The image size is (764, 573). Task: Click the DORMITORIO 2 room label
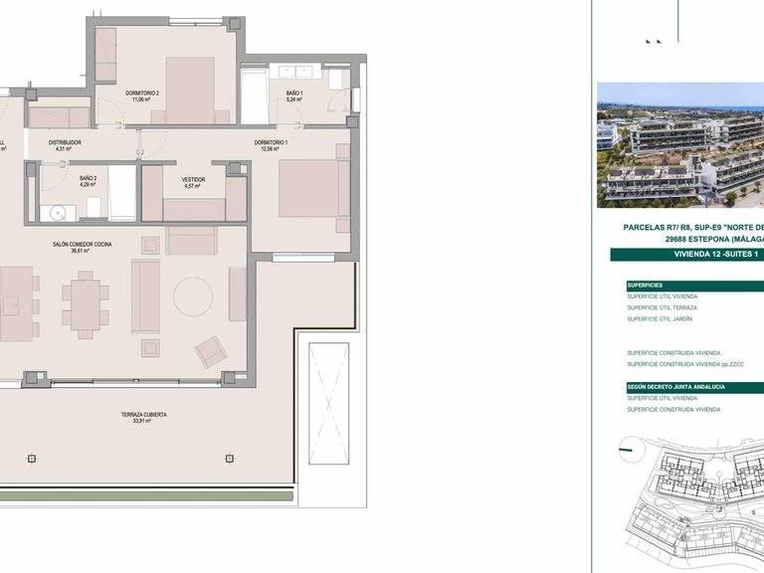pyautogui.click(x=143, y=93)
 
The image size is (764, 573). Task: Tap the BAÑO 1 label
pyautogui.click(x=293, y=93)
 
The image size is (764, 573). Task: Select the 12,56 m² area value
pyautogui.click(x=271, y=150)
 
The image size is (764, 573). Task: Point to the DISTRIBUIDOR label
pyautogui.click(x=67, y=142)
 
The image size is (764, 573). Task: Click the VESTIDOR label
pyautogui.click(x=193, y=179)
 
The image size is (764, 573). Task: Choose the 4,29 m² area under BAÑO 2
pyautogui.click(x=87, y=186)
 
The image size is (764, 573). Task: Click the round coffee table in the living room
pyautogui.click(x=192, y=295)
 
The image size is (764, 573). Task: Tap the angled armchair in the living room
pyautogui.click(x=210, y=351)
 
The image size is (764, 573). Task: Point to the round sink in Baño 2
pyautogui.click(x=56, y=212)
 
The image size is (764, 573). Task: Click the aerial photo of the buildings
pyautogui.click(x=680, y=144)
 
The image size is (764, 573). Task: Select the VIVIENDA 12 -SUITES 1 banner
pyautogui.click(x=686, y=255)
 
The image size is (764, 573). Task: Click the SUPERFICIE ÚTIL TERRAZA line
pyautogui.click(x=662, y=307)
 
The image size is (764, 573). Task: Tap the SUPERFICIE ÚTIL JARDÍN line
pyautogui.click(x=659, y=318)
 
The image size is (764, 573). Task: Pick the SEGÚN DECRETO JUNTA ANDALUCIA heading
pyautogui.click(x=675, y=386)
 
